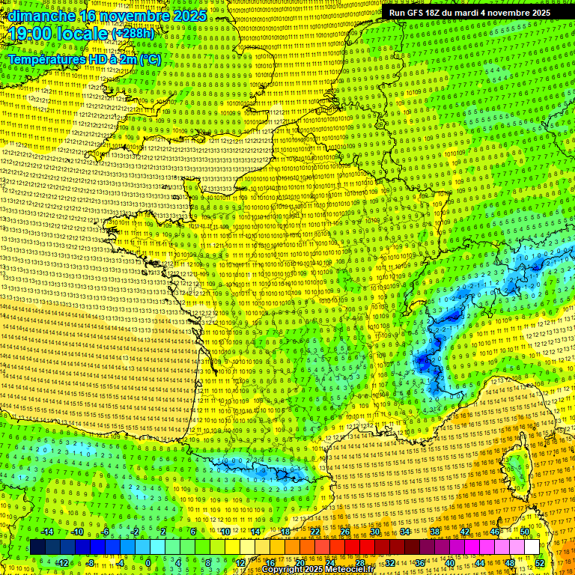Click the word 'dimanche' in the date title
42,16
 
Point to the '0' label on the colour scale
148,562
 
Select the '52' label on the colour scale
539,562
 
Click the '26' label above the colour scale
345,532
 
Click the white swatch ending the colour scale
532,547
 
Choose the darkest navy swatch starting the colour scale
37,547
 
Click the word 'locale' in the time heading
82,34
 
